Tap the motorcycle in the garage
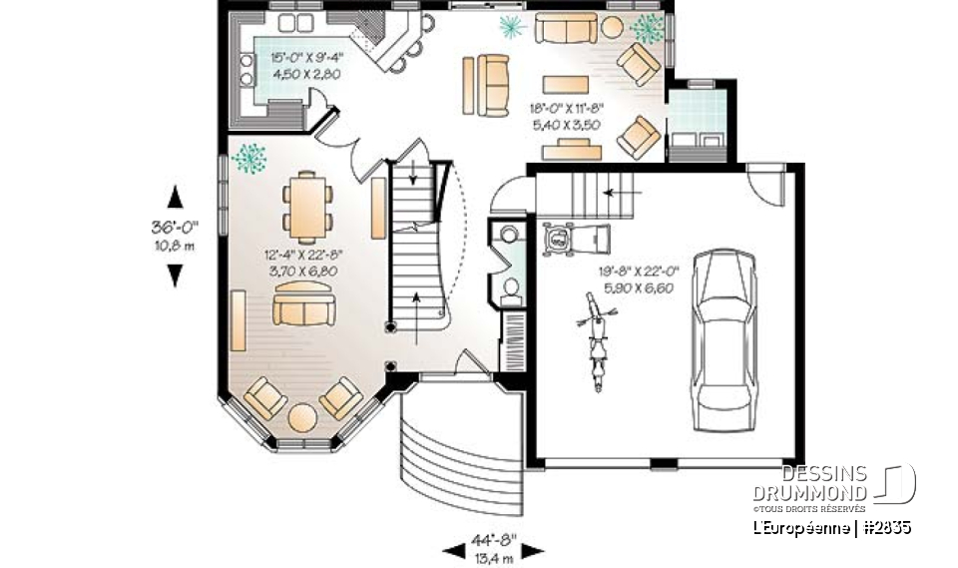[596, 341]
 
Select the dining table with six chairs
[306, 204]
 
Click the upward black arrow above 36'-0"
[176, 196]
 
